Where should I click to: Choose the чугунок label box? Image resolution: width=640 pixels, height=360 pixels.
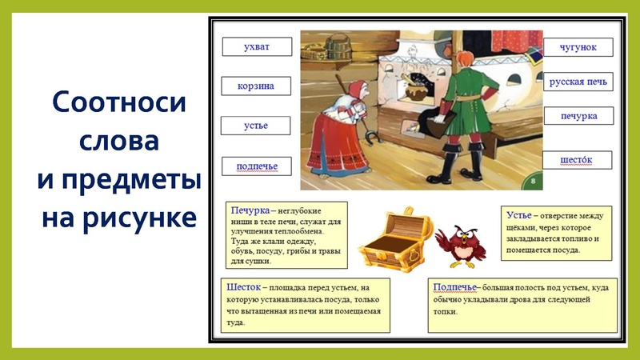pyautogui.click(x=578, y=46)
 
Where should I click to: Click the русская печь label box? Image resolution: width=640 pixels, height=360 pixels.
pyautogui.click(x=578, y=82)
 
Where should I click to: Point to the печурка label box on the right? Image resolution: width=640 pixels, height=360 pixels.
pyautogui.click(x=578, y=117)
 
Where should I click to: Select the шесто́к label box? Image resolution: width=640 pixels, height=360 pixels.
pyautogui.click(x=578, y=160)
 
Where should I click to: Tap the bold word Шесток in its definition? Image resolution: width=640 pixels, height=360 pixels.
pyautogui.click(x=246, y=286)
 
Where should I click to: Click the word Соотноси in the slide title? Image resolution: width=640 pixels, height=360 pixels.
pyautogui.click(x=118, y=103)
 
